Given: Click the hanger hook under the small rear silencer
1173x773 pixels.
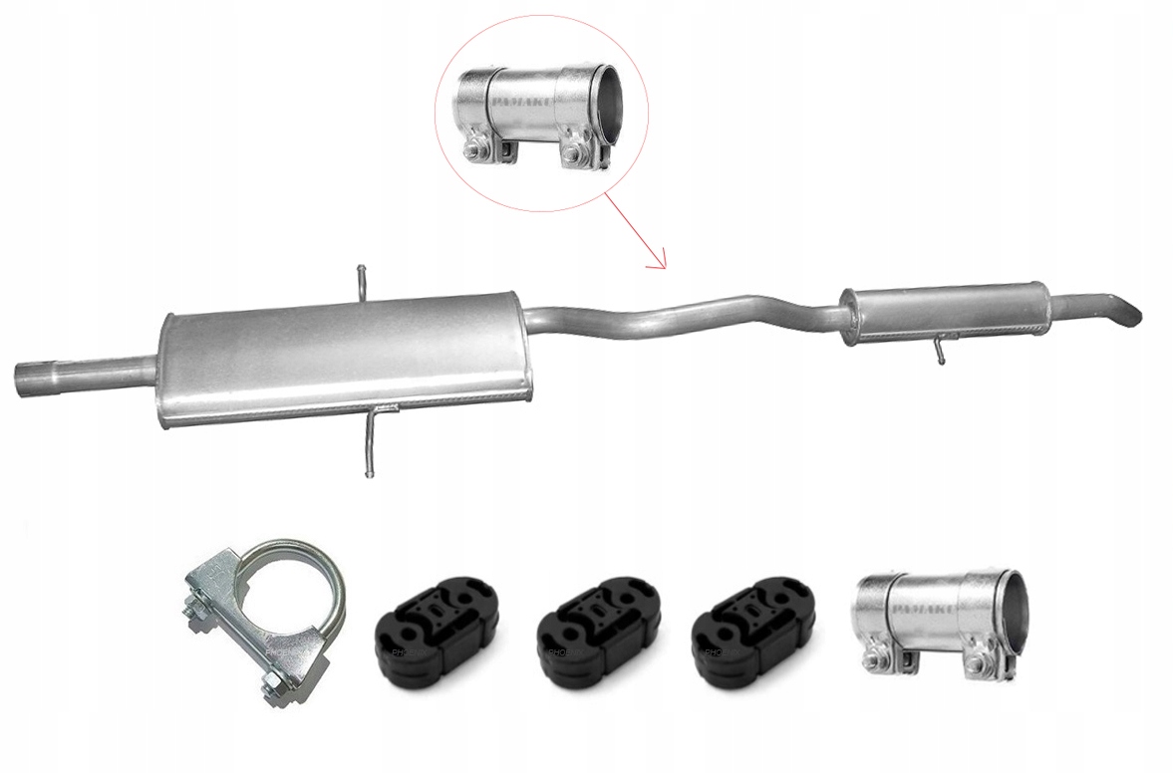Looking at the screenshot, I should tap(939, 350).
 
